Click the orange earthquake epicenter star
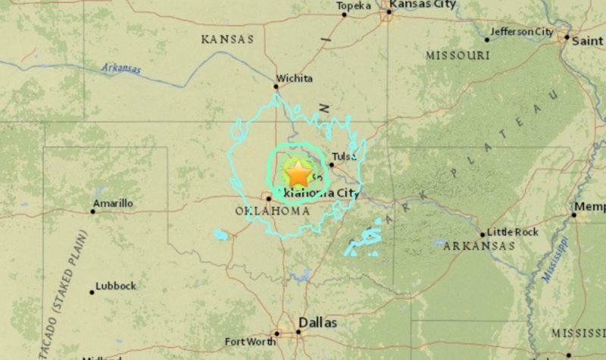[298, 174]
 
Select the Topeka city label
[354, 6]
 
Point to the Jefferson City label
[522, 32]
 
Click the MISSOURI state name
[458, 55]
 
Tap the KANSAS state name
[227, 39]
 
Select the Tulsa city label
[344, 157]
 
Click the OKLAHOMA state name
[272, 211]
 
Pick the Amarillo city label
[113, 203]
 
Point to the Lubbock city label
[116, 286]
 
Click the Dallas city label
[317, 322]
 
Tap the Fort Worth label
[249, 342]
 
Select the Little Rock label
[512, 232]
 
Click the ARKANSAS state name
[479, 246]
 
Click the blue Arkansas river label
[121, 68]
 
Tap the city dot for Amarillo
[93, 211]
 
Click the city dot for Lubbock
[92, 291]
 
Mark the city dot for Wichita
[276, 86]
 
